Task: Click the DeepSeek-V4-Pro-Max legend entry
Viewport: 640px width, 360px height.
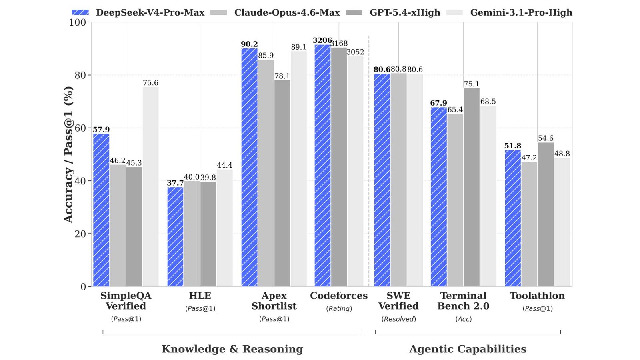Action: point(138,12)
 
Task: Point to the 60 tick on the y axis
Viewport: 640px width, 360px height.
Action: point(80,128)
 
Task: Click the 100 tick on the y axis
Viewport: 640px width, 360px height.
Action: point(78,22)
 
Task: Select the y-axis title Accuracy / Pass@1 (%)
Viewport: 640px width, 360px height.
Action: point(68,154)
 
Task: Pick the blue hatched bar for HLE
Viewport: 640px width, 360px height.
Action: point(175,236)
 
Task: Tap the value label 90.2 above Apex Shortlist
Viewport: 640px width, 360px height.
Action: point(249,44)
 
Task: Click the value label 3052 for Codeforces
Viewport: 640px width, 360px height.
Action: point(355,52)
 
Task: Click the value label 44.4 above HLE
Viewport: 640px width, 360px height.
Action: point(224,165)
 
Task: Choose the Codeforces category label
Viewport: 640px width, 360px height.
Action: point(339,296)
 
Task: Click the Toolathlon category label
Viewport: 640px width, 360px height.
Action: point(537,296)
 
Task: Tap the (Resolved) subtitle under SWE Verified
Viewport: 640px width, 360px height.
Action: point(398,319)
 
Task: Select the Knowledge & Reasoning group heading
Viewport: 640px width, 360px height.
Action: point(232,349)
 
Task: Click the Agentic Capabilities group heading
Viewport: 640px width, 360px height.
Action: point(468,349)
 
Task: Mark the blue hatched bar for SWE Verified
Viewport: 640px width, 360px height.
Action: point(382,180)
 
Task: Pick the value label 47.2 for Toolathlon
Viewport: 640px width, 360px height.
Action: point(529,158)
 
